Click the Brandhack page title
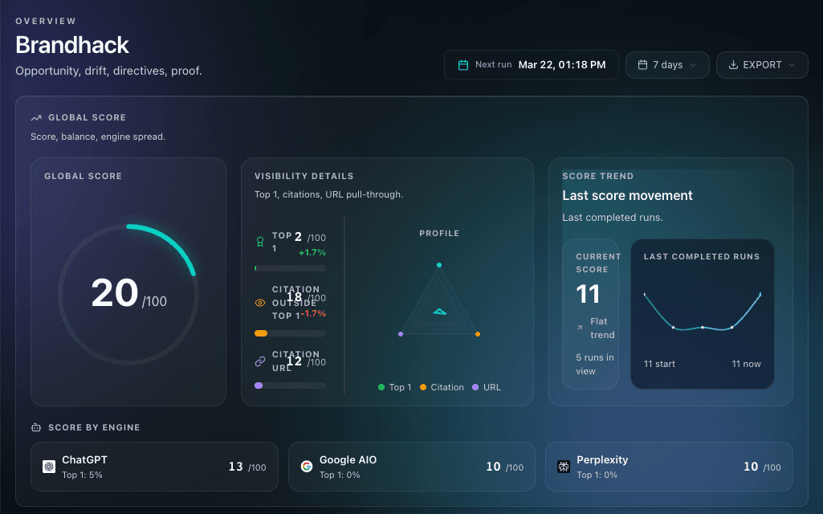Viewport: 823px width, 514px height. click(72, 44)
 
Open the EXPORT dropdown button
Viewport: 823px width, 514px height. click(761, 65)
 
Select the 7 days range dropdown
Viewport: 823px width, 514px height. click(666, 65)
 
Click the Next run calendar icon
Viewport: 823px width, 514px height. click(463, 65)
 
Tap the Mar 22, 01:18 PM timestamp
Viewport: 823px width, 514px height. click(561, 65)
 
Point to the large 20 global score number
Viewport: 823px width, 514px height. click(114, 293)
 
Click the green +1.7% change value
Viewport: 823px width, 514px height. click(312, 252)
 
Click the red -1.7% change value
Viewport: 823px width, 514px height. click(313, 313)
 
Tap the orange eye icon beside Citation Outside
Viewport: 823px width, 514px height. click(260, 303)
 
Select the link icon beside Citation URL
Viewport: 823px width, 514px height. click(260, 361)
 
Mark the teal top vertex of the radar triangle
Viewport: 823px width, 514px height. click(439, 265)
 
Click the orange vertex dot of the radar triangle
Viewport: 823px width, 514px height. click(478, 333)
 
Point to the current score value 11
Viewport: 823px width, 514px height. click(589, 294)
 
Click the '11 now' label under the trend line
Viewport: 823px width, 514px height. click(746, 364)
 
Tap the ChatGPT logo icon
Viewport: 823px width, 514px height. click(49, 467)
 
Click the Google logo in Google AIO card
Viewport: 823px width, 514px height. click(307, 467)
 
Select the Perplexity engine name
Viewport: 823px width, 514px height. click(602, 460)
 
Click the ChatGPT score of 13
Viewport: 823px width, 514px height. click(235, 467)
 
